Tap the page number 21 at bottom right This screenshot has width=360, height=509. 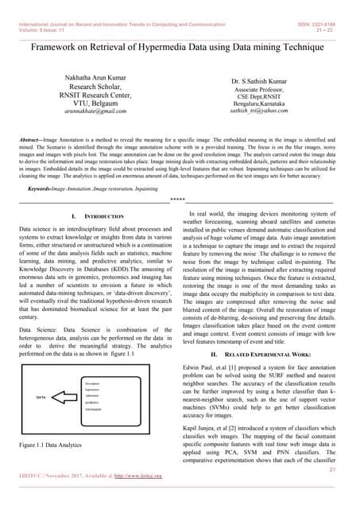(x=339, y=469)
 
